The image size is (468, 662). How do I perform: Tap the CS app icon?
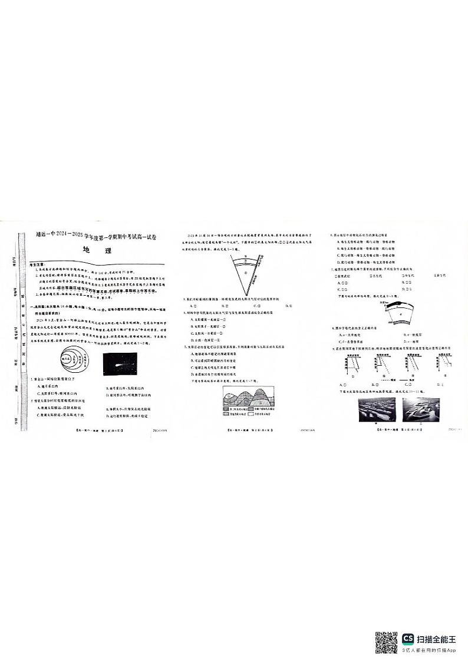(408, 638)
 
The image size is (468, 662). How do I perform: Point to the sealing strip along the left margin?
(24, 330)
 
